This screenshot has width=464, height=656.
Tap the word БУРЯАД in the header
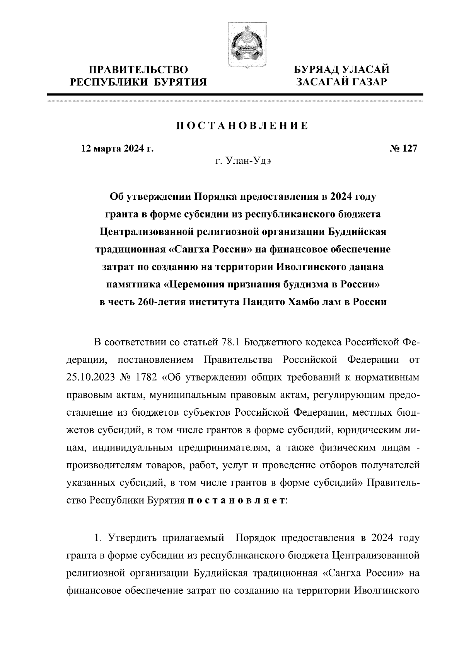pyautogui.click(x=316, y=70)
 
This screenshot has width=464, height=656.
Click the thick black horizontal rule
pyautogui.click(x=235, y=94)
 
